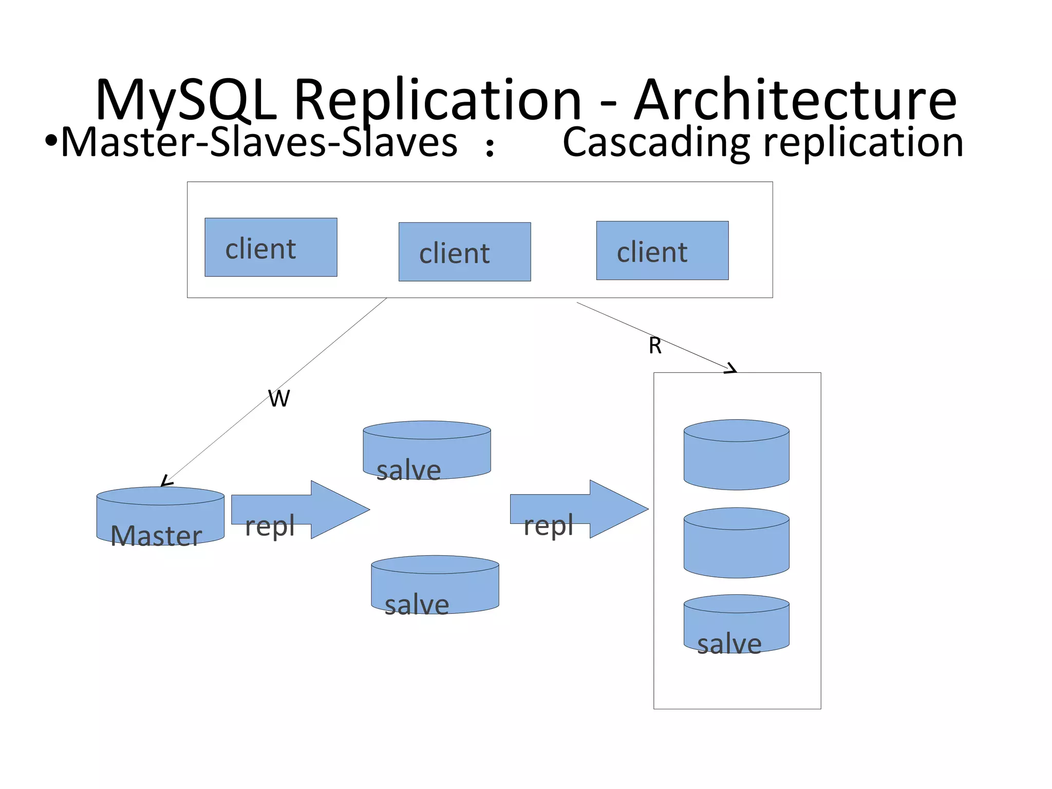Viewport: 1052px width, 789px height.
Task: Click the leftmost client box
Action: pos(271,248)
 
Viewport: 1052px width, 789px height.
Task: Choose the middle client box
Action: pos(464,252)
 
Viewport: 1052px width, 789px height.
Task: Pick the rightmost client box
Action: pos(662,251)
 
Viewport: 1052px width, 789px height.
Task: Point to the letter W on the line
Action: pos(279,399)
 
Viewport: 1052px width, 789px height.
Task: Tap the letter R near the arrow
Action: pos(655,346)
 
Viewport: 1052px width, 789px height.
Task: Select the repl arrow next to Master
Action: pos(300,510)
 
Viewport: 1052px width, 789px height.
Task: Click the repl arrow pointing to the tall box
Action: pos(579,510)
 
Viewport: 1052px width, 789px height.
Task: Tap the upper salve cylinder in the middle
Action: pos(426,450)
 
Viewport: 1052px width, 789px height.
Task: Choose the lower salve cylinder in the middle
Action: pos(435,585)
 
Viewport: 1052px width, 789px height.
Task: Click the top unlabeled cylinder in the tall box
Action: pos(736,455)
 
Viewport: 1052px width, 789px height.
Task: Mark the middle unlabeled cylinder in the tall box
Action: pos(736,543)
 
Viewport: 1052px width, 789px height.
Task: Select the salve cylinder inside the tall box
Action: pos(736,624)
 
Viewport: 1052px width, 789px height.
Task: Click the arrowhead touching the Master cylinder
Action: pos(165,482)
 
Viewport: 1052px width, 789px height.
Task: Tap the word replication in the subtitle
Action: pos(863,142)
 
